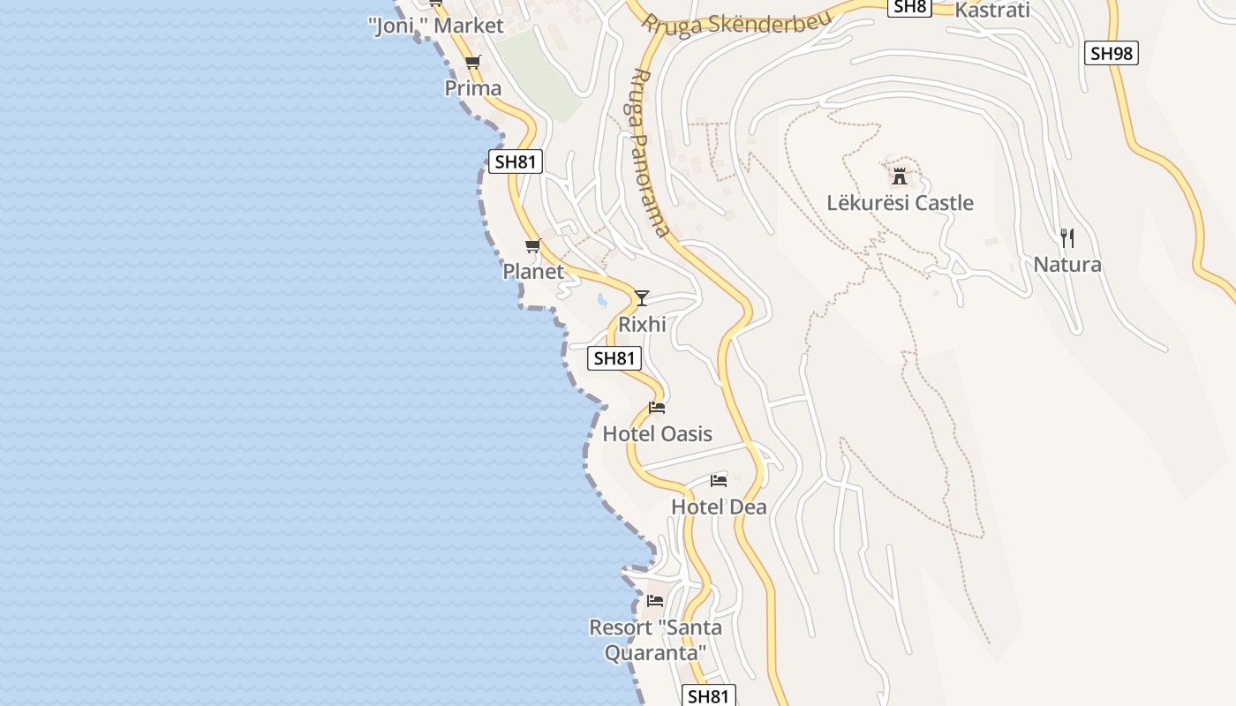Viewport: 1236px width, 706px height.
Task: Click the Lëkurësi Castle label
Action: (x=900, y=203)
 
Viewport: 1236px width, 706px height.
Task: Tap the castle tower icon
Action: (x=900, y=175)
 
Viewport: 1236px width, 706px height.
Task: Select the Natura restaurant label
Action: (x=1066, y=265)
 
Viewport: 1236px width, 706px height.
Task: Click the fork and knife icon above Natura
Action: (x=1066, y=237)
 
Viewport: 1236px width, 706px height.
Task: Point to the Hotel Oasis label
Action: (x=657, y=434)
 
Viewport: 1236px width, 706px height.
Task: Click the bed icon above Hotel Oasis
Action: (x=657, y=408)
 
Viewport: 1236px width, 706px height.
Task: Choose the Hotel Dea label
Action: (x=719, y=507)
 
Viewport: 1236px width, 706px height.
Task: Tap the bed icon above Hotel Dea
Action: (x=719, y=481)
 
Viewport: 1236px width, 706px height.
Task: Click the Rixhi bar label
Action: (x=642, y=325)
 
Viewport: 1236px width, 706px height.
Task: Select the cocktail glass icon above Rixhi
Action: (x=642, y=297)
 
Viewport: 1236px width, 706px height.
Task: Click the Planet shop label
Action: (x=533, y=272)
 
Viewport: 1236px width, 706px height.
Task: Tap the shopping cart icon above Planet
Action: (x=532, y=246)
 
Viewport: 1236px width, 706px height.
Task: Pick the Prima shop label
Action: (x=472, y=88)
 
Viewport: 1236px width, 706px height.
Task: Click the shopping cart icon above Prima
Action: (x=472, y=62)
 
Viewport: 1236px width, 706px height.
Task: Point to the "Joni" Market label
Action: (x=435, y=26)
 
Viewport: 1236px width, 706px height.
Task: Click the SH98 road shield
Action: (x=1111, y=54)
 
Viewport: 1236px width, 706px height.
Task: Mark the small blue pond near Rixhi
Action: (x=602, y=300)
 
